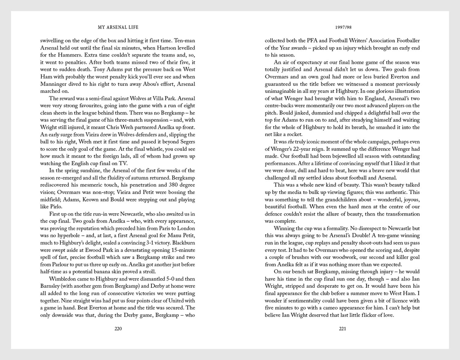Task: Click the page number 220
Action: pos(118,329)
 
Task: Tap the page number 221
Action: pos(342,329)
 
